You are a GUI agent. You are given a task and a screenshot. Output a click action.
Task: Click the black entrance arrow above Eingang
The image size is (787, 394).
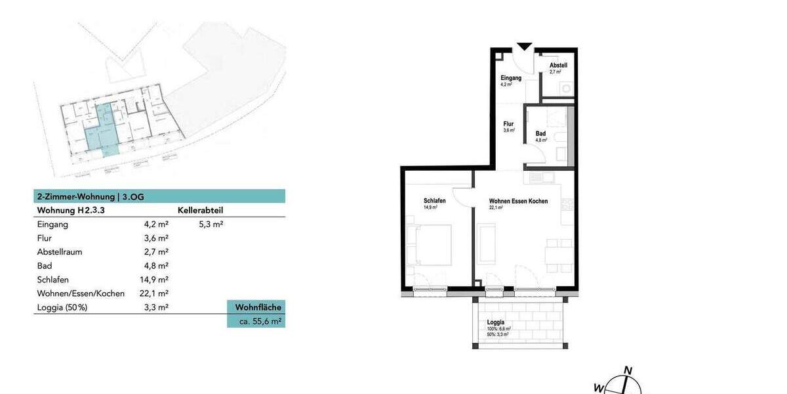(x=524, y=46)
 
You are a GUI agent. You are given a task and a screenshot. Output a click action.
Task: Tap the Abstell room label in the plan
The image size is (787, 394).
(x=558, y=66)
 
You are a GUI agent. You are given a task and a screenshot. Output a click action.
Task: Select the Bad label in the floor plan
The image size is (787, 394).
(x=540, y=134)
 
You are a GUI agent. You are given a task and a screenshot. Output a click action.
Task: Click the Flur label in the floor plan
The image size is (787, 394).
(x=508, y=124)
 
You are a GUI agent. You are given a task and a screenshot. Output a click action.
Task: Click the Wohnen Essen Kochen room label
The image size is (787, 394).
(x=518, y=201)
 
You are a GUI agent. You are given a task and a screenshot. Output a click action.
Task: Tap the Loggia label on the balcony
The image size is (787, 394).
(x=496, y=322)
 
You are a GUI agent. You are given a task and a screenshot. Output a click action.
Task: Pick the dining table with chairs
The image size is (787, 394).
(x=559, y=252)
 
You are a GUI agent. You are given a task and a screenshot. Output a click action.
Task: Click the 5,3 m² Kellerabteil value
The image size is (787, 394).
(x=211, y=224)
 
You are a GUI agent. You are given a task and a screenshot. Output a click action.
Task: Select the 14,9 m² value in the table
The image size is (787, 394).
(x=156, y=280)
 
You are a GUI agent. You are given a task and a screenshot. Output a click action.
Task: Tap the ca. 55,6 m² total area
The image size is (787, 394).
(x=256, y=321)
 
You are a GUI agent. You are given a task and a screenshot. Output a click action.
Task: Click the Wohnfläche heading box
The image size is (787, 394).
(x=256, y=307)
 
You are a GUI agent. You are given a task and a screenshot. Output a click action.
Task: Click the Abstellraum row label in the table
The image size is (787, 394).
(x=60, y=252)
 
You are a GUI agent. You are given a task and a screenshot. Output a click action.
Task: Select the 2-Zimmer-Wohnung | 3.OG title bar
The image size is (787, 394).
(x=159, y=196)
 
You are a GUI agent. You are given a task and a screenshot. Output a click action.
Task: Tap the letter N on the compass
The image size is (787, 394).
(x=628, y=370)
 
